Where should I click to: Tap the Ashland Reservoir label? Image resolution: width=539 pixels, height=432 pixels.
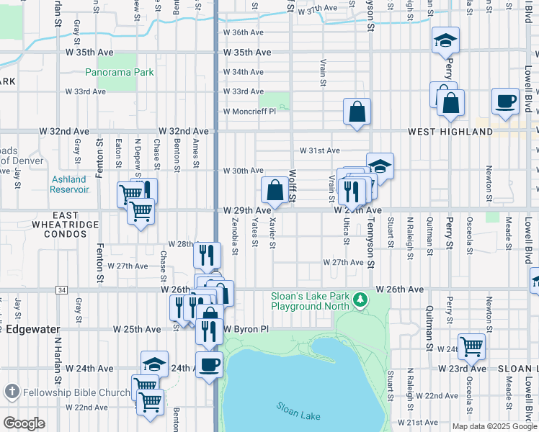tap(69, 184)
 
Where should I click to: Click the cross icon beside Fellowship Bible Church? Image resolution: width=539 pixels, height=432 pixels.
tap(11, 392)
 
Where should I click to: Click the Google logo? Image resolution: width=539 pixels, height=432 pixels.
tap(24, 423)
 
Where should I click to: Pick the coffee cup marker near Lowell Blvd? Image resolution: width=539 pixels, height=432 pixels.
tap(505, 101)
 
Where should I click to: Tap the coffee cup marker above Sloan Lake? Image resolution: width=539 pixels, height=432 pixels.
tap(209, 364)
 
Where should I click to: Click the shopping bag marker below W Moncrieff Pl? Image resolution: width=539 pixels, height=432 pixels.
tap(357, 112)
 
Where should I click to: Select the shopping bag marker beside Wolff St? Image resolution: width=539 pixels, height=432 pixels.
tap(275, 191)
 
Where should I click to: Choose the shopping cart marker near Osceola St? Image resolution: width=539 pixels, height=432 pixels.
tap(471, 346)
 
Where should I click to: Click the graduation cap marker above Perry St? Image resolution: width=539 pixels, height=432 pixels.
tap(445, 41)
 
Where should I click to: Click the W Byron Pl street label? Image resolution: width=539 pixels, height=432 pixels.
tap(245, 329)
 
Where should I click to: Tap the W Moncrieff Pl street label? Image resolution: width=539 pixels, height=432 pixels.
tap(249, 112)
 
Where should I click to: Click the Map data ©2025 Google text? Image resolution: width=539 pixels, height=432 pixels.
tap(494, 426)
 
